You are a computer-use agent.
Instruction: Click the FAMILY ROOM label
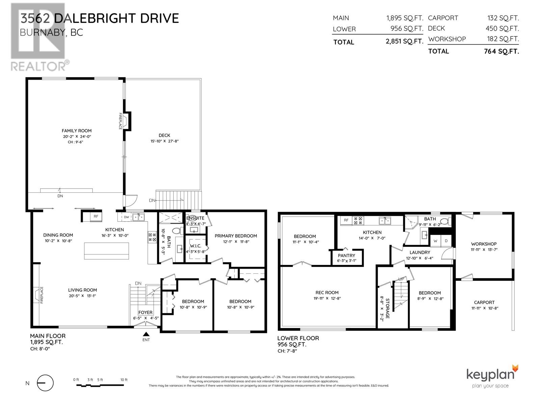77,131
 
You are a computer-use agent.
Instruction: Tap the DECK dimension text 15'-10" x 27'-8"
164,141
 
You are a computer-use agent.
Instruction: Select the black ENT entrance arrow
146,334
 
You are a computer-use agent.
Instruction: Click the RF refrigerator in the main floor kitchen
96,217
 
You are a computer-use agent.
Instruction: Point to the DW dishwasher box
126,217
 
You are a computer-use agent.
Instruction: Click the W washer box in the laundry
435,241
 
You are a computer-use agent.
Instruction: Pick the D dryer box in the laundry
446,241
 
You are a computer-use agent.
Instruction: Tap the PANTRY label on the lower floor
346,255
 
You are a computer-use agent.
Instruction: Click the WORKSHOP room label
484,244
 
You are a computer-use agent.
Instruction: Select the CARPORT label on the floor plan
484,302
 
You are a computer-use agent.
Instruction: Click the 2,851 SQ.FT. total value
404,42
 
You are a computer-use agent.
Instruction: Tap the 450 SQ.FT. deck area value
502,29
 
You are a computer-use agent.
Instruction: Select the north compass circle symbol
45,383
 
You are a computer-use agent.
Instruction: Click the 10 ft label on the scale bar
124,380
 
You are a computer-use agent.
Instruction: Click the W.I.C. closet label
195,246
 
